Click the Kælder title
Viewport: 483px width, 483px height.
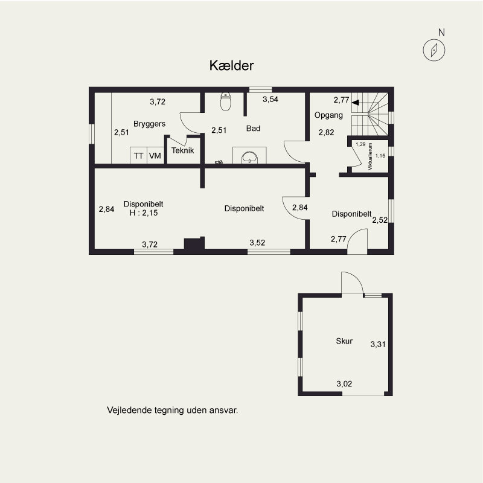coord(231,65)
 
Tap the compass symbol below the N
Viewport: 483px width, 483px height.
coord(433,50)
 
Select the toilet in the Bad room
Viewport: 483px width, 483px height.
coord(226,101)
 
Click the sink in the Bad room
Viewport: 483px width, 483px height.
coord(249,157)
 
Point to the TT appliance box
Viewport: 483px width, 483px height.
coord(139,155)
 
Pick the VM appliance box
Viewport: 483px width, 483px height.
coord(155,155)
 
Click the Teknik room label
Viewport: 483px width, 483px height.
coord(183,150)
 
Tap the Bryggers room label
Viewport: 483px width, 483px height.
coord(149,124)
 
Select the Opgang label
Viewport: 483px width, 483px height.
coord(328,115)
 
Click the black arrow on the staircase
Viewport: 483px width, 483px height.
coord(356,102)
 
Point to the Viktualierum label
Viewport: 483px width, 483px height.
coord(370,156)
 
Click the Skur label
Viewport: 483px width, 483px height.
coord(344,341)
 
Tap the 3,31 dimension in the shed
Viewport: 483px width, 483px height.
coord(378,344)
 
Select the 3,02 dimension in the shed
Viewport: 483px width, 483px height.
coord(344,383)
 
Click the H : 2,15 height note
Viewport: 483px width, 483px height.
coord(144,213)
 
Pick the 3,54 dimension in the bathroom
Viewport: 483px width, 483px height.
coord(270,99)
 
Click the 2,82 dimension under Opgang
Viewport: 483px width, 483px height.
coord(326,132)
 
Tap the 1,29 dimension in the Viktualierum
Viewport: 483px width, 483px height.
coord(360,144)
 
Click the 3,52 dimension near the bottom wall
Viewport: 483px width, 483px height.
coord(257,243)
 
